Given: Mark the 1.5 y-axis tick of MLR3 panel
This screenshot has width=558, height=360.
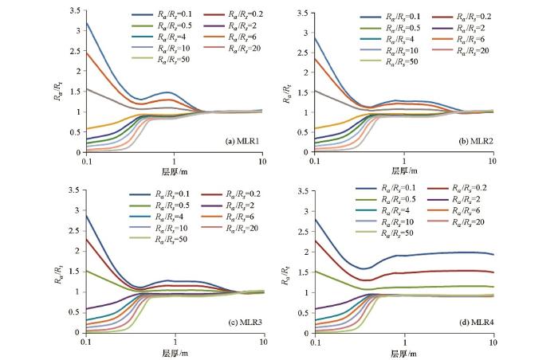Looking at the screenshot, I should pyautogui.click(x=76, y=271).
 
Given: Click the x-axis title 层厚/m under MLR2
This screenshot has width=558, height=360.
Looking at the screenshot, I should pyautogui.click(x=403, y=171).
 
